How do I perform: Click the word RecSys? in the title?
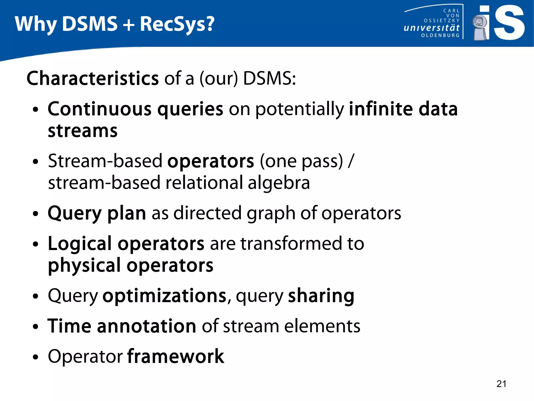click(x=177, y=24)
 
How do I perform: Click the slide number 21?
click(x=501, y=384)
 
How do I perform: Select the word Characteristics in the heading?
click(x=93, y=78)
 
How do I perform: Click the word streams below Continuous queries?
click(x=83, y=131)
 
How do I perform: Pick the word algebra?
click(x=279, y=183)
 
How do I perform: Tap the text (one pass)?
click(x=301, y=161)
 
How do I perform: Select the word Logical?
click(x=80, y=243)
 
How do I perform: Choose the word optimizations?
click(x=165, y=296)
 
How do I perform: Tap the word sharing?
click(x=321, y=296)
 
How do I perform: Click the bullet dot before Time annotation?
click(x=36, y=327)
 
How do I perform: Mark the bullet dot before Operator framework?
click(x=36, y=357)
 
